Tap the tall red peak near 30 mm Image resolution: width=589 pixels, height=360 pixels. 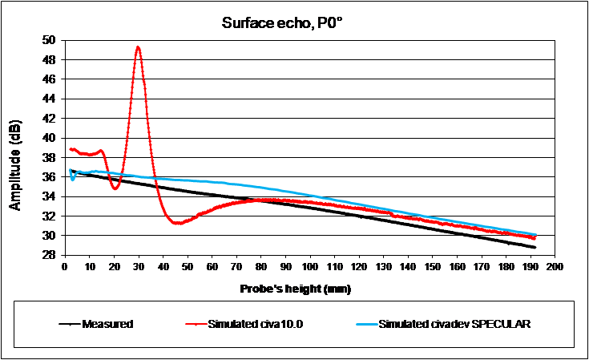[139, 48]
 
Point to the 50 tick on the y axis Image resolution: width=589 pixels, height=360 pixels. [50, 40]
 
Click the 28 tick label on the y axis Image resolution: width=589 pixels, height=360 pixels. [50, 255]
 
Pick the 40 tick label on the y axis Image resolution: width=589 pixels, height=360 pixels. [50, 138]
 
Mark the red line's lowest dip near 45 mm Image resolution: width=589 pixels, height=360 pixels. [177, 223]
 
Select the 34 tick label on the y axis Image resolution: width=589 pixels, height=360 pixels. [50, 196]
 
